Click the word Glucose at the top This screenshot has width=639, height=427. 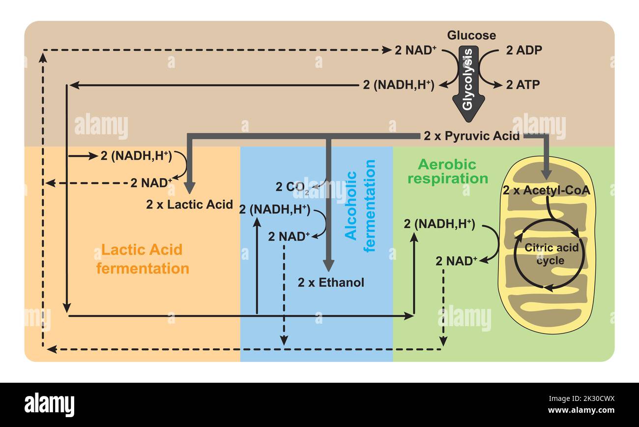[471, 35]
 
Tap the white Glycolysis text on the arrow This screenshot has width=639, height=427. [468, 79]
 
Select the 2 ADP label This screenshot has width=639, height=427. [524, 50]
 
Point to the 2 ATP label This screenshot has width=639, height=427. [523, 85]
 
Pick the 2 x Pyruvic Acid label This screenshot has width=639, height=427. [471, 136]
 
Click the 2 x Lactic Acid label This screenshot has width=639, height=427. [189, 205]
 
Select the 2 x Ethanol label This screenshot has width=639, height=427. [331, 282]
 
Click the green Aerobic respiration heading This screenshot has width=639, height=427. [447, 171]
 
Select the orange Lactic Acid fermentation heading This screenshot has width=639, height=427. [143, 259]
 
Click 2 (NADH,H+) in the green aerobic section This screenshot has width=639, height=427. [439, 224]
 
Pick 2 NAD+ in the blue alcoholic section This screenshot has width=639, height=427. [289, 236]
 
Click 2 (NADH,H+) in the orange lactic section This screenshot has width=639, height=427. [136, 155]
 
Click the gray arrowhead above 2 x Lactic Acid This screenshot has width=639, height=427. [190, 188]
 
